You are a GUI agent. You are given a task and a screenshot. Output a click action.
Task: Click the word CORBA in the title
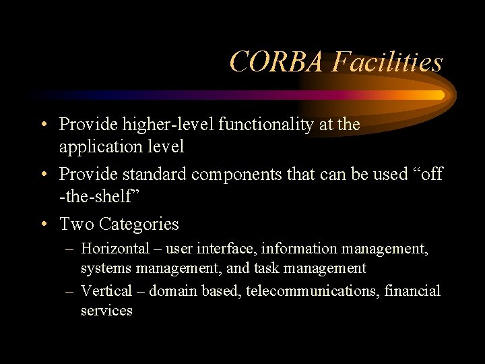tap(277, 62)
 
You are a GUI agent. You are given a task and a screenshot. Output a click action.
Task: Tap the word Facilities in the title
tap(387, 62)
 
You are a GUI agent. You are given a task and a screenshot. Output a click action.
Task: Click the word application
tap(101, 146)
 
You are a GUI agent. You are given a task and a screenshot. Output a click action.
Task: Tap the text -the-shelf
tap(100, 196)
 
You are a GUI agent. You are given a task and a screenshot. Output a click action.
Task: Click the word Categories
tap(139, 224)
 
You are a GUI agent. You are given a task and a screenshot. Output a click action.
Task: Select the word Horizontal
tap(115, 249)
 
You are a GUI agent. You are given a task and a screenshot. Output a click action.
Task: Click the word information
tap(301, 249)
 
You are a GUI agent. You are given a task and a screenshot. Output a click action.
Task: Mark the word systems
tap(106, 268)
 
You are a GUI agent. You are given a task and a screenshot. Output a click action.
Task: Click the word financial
tap(412, 291)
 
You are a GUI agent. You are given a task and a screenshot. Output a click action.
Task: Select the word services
tap(106, 311)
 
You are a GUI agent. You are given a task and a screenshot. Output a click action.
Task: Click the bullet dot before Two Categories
tap(44, 224)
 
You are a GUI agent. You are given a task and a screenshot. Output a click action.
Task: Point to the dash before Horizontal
tap(70, 249)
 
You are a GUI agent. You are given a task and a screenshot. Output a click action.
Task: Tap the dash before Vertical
tap(70, 292)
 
